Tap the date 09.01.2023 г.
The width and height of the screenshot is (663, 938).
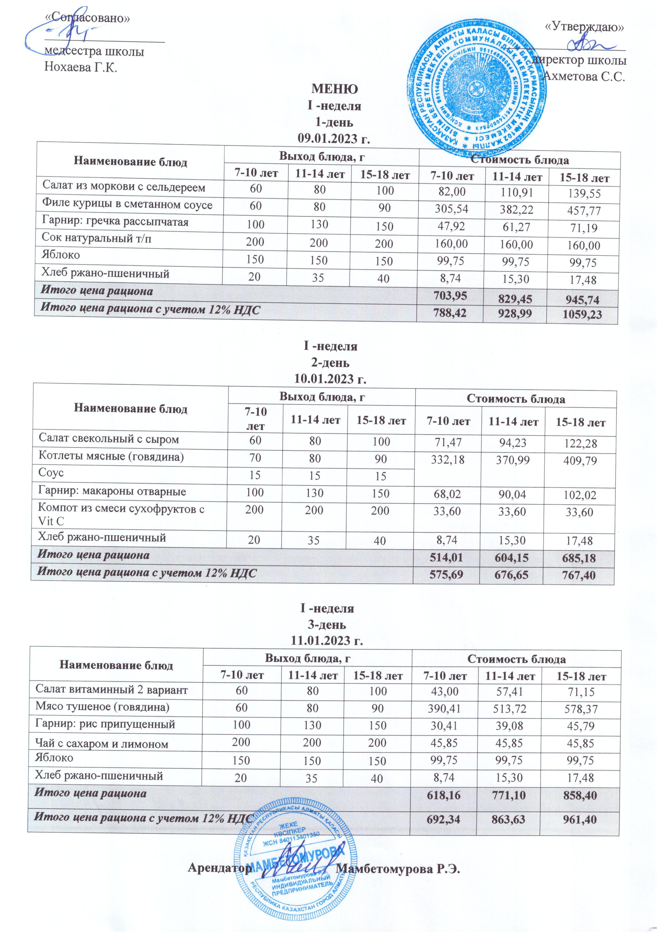tap(334, 139)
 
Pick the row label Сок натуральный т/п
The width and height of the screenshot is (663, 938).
tap(96, 238)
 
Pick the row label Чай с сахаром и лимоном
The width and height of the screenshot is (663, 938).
tap(102, 744)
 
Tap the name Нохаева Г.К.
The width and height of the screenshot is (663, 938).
tap(80, 67)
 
